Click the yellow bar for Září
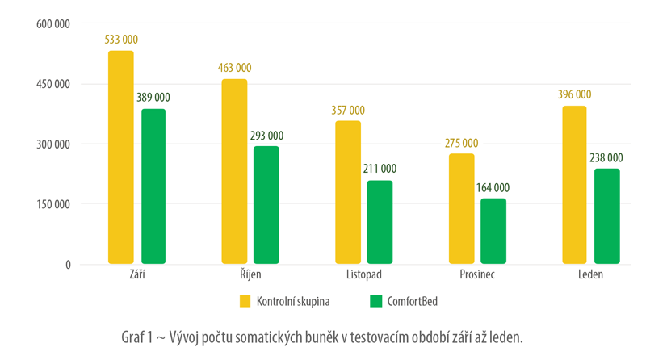pyautogui.click(x=121, y=157)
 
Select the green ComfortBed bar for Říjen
pyautogui.click(x=266, y=205)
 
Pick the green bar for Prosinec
pyautogui.click(x=493, y=232)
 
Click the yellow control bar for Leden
pyautogui.click(x=574, y=185)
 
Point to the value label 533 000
pyautogui.click(x=121, y=39)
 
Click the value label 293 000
pyautogui.click(x=266, y=136)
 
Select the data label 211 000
pyautogui.click(x=380, y=169)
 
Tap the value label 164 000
pyautogui.click(x=493, y=188)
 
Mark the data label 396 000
pyautogui.click(x=574, y=94)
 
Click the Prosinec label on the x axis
pyautogui.click(x=476, y=275)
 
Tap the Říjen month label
pyautogui.click(x=250, y=275)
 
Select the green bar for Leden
pyautogui.click(x=606, y=216)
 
